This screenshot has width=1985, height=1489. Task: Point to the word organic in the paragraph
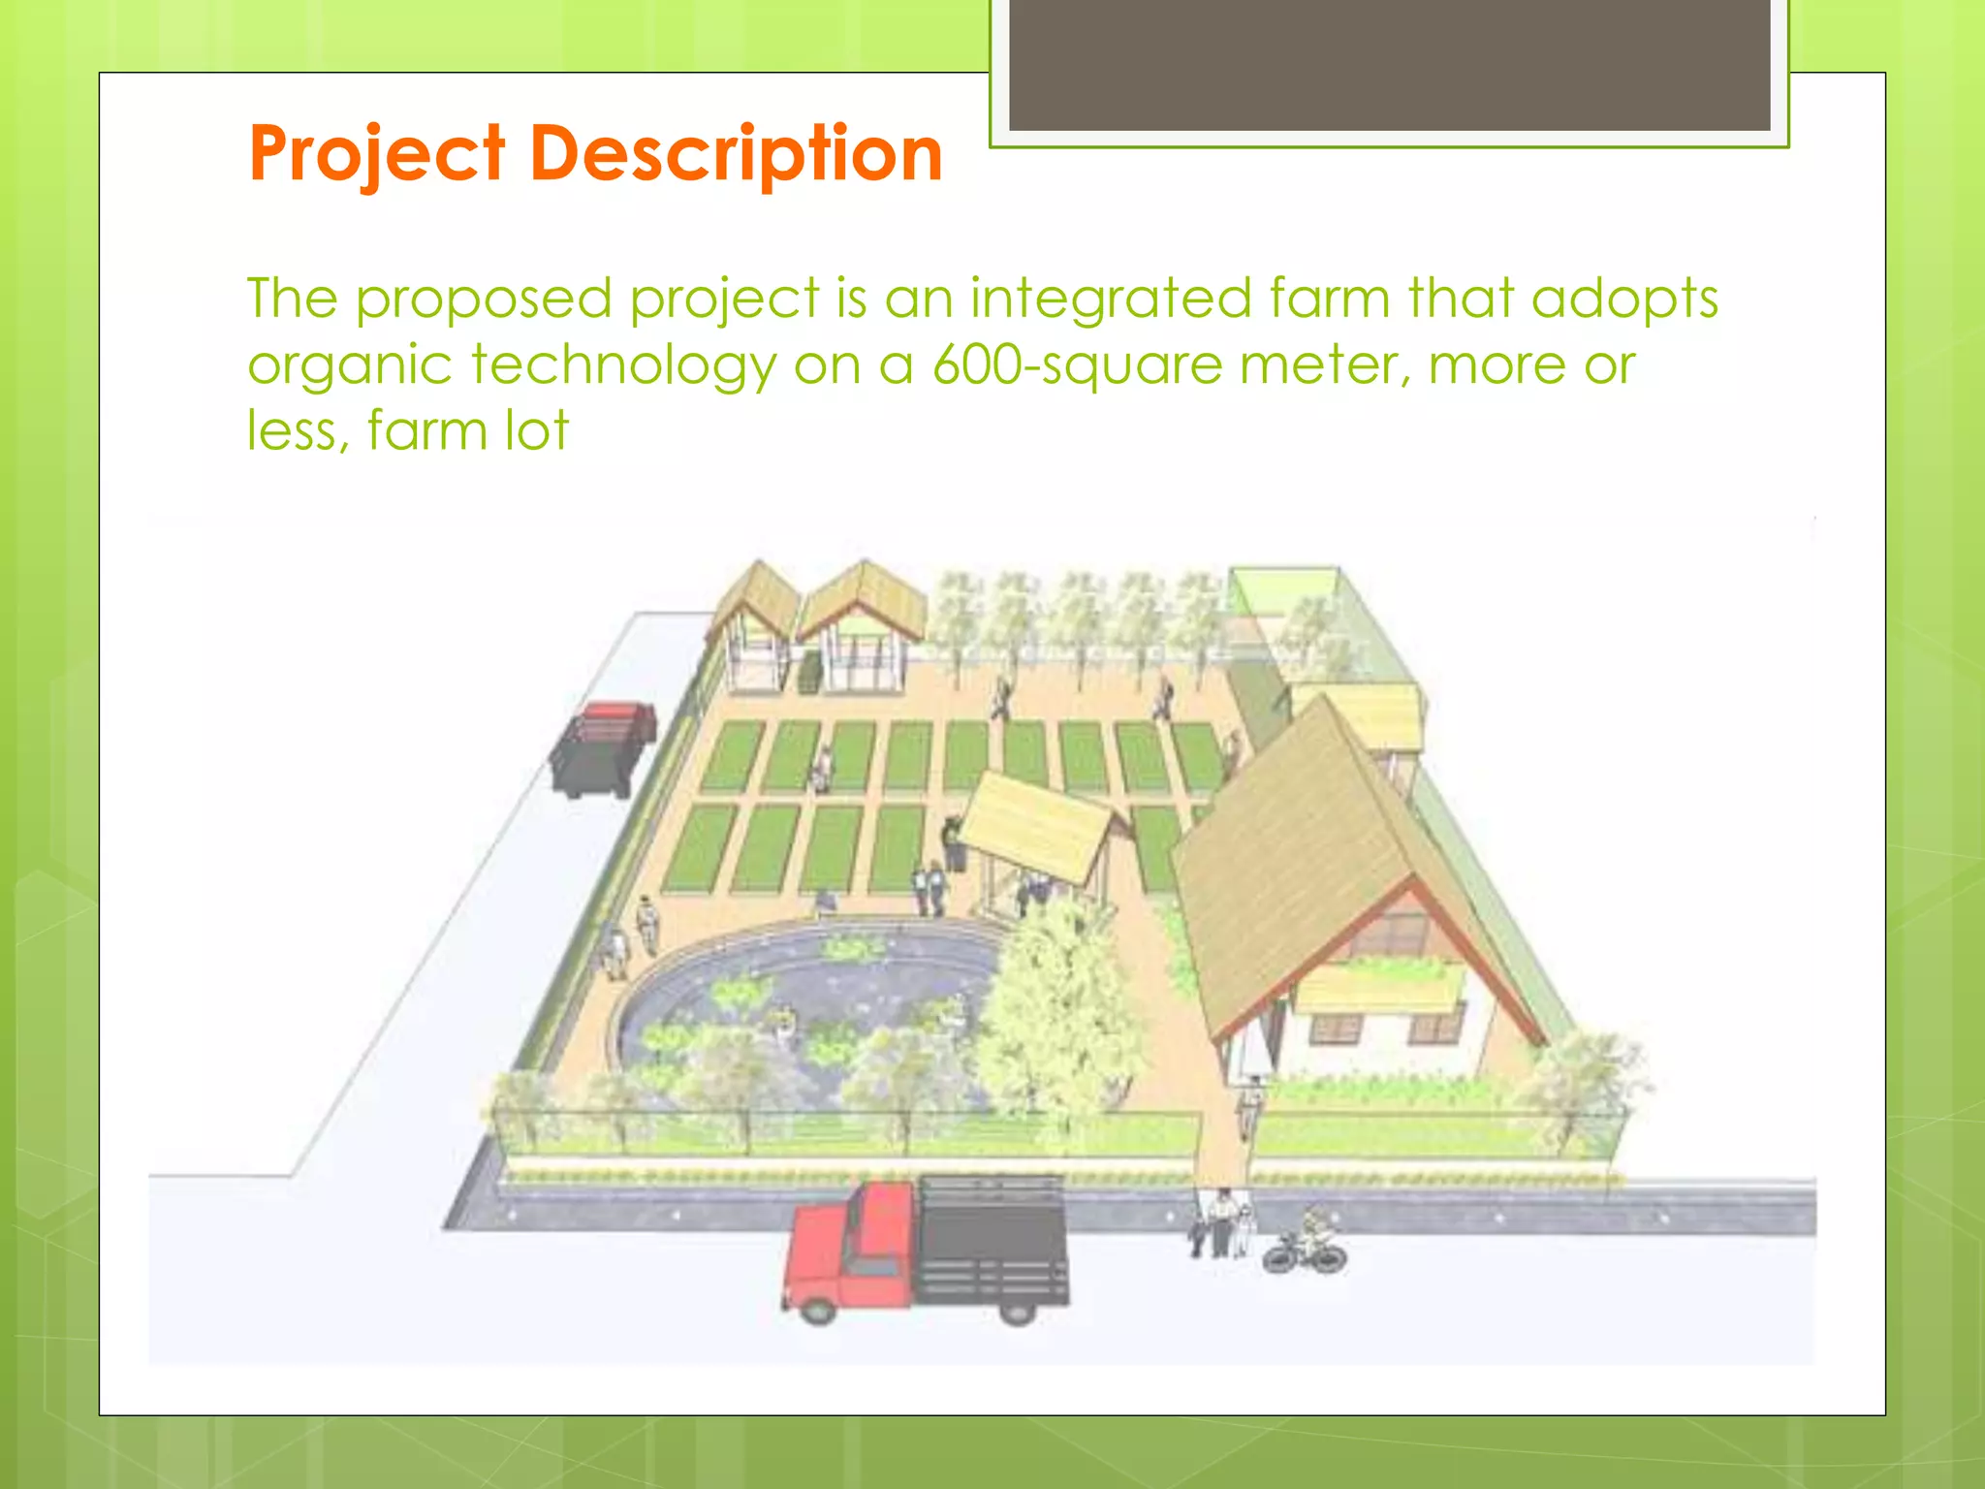[349, 366]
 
